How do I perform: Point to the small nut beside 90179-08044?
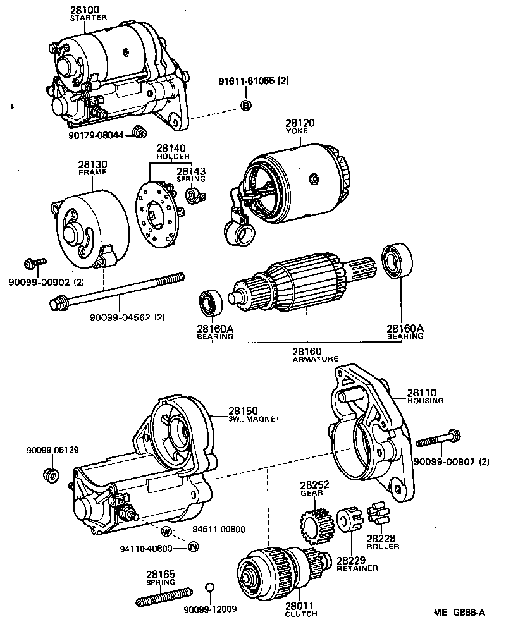140,131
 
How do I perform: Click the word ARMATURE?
307,359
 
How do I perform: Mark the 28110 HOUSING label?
425,396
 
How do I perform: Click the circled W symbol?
166,530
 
